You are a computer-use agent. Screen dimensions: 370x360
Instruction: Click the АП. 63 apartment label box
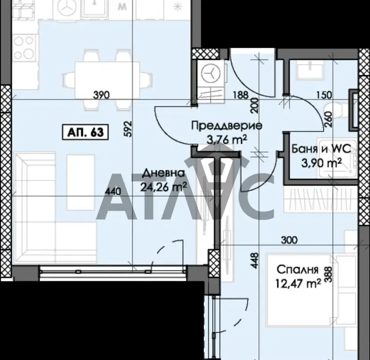(x=85, y=132)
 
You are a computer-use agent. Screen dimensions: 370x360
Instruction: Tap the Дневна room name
(x=163, y=173)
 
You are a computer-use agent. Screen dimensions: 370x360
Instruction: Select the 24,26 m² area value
(x=164, y=187)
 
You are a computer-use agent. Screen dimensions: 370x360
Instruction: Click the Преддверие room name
(x=226, y=126)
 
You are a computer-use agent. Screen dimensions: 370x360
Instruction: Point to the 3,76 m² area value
(x=226, y=139)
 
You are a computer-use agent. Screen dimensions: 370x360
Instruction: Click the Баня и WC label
(x=321, y=149)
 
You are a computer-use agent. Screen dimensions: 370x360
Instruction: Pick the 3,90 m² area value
(x=321, y=163)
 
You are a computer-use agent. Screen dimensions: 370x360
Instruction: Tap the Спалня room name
(x=297, y=270)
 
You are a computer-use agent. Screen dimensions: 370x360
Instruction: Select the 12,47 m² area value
(x=299, y=283)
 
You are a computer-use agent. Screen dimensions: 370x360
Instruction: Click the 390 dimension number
(x=102, y=95)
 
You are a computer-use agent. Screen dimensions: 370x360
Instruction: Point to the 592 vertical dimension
(x=127, y=129)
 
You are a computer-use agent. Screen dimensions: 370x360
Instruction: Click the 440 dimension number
(x=113, y=191)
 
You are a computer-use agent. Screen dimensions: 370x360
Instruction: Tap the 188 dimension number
(x=241, y=95)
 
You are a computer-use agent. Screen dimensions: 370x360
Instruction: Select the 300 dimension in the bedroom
(x=289, y=240)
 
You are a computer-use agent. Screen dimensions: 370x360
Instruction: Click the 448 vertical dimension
(x=255, y=261)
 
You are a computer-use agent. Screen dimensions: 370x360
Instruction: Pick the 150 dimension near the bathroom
(x=324, y=95)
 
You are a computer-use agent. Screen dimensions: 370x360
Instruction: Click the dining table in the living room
(x=107, y=80)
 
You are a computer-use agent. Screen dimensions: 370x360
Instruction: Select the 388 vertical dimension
(x=329, y=274)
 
